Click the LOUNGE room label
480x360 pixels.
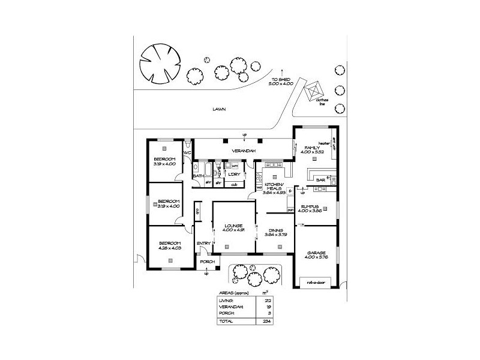231,225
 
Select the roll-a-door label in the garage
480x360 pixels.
314,280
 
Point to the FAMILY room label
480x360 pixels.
312,148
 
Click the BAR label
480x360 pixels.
320,179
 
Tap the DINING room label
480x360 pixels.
276,230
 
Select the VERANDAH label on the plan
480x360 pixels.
244,150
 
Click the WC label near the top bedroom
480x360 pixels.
187,153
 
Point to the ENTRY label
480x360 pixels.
203,243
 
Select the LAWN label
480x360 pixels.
217,110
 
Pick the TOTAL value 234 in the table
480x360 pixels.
260,322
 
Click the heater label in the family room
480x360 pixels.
325,143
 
